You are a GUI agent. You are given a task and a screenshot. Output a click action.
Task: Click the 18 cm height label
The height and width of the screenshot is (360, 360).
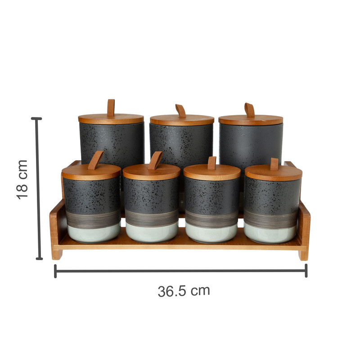pyautogui.click(x=22, y=180)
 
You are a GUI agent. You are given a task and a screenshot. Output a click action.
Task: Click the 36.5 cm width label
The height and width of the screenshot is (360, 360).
pyautogui.click(x=184, y=291)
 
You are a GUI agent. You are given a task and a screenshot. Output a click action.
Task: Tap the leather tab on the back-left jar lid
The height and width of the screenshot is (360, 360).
pyautogui.click(x=111, y=108)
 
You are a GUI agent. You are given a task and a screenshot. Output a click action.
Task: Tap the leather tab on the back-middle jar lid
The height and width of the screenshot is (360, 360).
pyautogui.click(x=181, y=111)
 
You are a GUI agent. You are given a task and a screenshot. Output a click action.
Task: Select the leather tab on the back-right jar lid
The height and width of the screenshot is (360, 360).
pyautogui.click(x=250, y=110)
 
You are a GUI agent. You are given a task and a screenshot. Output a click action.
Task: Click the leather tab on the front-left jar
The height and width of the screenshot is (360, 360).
pyautogui.click(x=95, y=160)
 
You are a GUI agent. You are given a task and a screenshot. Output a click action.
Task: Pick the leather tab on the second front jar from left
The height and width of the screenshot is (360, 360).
pyautogui.click(x=155, y=161)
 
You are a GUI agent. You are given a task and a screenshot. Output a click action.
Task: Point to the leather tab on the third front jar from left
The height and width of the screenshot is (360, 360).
pyautogui.click(x=212, y=163)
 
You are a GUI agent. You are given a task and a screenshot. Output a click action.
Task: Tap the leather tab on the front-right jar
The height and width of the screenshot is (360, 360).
pyautogui.click(x=274, y=164)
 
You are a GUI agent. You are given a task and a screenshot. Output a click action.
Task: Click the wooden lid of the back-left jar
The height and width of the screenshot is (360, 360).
pyautogui.click(x=111, y=119)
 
